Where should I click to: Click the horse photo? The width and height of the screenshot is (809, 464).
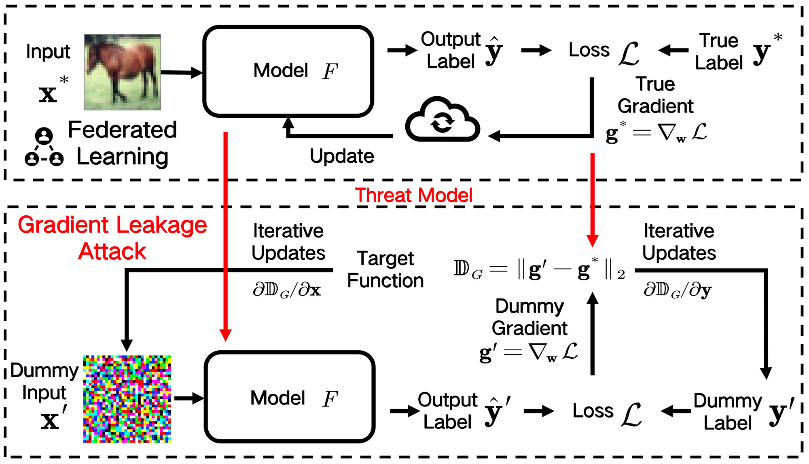122,72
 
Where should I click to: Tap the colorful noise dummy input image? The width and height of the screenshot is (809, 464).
127,399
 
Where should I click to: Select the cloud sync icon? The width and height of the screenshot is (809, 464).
443,120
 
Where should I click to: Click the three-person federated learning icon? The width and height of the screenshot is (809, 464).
44,148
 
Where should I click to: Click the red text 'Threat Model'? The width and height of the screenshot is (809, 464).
413,195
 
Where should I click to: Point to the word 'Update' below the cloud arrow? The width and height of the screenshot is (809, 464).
342,156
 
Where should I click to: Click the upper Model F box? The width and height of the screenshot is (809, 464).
288,71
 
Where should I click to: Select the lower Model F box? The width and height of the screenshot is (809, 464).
290,397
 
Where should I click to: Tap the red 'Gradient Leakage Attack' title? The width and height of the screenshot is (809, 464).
112,238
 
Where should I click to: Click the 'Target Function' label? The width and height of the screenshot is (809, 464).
385,269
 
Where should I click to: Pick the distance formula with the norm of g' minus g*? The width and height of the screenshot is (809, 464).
539,269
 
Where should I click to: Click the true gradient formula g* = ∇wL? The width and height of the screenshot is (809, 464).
656,133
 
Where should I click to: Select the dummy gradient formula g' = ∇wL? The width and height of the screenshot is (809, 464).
528,352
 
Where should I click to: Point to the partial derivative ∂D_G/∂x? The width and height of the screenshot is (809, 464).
287,290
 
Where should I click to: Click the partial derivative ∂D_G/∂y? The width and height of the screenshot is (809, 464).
678,290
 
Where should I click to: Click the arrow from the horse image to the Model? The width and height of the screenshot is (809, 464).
181,72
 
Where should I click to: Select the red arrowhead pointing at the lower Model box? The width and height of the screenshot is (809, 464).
225,335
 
